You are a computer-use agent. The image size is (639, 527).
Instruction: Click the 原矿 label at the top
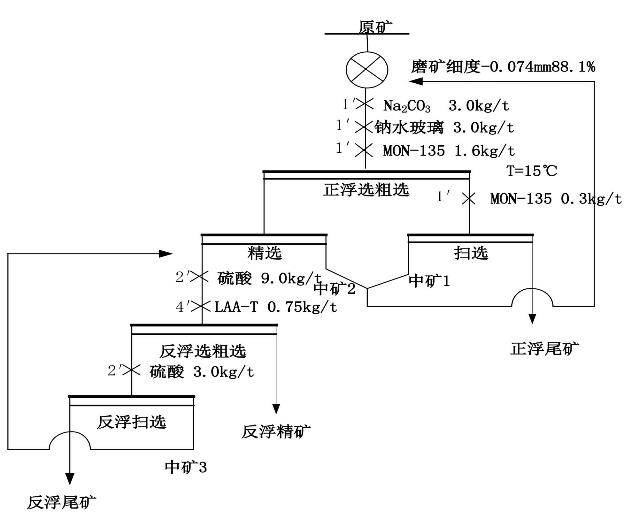(375, 27)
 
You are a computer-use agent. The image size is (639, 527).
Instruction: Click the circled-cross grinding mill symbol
(367, 70)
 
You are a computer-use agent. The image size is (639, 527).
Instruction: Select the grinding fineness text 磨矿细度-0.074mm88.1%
(503, 67)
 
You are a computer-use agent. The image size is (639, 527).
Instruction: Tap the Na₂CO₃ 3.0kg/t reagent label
(446, 106)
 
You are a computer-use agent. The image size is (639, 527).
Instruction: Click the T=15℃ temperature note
(532, 171)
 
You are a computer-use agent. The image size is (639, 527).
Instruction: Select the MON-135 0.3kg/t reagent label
(556, 199)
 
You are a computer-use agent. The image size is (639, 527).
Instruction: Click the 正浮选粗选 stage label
(366, 190)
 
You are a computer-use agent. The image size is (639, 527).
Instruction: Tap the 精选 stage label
(265, 253)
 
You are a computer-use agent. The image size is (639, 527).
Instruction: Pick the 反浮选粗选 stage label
(203, 351)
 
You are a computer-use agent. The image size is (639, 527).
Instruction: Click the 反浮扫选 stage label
(132, 422)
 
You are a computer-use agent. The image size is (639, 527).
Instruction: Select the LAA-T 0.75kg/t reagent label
(275, 307)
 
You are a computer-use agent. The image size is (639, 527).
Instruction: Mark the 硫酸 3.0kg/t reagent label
(202, 372)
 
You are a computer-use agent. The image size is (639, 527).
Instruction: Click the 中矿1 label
(429, 281)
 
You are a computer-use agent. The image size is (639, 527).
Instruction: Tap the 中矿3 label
(186, 468)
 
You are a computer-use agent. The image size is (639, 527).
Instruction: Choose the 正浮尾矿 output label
(544, 349)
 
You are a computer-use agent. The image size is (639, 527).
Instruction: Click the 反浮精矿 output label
(276, 432)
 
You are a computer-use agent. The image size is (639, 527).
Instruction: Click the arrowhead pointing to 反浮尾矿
(70, 479)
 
